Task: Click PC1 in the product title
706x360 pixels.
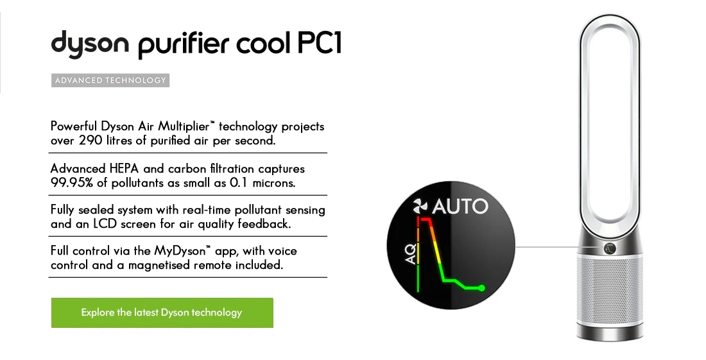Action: pos(319,43)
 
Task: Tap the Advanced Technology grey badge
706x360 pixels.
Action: pos(110,81)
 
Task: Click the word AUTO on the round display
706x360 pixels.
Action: pos(460,207)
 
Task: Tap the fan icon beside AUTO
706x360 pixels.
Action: pos(420,207)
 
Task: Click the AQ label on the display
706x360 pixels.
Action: pos(410,254)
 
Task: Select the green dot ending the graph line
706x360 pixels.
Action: pos(481,288)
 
